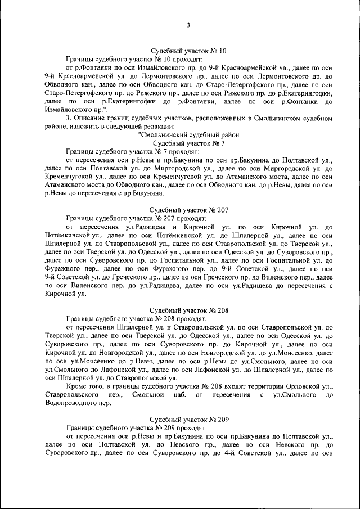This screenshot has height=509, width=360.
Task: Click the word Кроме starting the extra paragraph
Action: point(76,386)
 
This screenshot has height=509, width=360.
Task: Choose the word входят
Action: point(225,386)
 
